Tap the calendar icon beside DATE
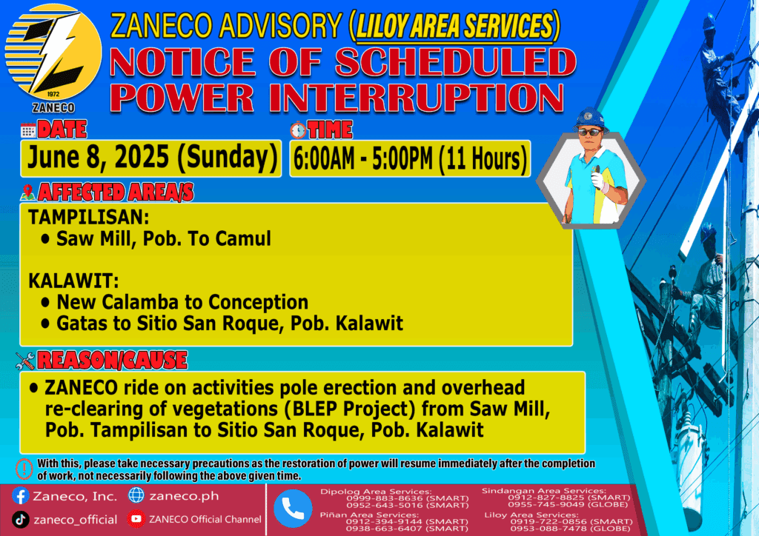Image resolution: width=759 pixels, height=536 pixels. point(28,130)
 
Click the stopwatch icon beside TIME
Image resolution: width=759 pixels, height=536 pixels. point(298,130)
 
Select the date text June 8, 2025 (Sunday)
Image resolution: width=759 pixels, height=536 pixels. point(152,158)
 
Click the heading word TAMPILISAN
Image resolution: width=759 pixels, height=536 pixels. point(89,217)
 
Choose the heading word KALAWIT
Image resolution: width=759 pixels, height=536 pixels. point(73,281)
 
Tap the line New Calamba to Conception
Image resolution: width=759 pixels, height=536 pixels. point(182,302)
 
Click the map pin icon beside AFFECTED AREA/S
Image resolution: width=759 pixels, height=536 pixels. point(27,192)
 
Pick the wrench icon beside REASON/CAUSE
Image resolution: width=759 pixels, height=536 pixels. point(24,361)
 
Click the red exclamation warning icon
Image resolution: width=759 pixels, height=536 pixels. point(24,469)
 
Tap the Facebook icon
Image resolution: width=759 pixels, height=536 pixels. point(20,496)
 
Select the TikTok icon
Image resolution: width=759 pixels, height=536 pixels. point(20,520)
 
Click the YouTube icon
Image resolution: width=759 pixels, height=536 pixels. point(136,519)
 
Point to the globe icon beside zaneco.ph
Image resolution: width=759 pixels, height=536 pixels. point(136,495)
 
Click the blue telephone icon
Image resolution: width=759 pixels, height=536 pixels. point(293,509)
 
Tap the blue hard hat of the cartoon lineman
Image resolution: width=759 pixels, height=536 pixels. point(590,119)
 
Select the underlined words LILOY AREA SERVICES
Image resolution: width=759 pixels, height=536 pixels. point(454,26)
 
